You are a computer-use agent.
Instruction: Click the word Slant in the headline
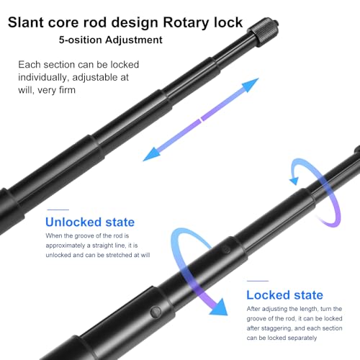click(x=26, y=22)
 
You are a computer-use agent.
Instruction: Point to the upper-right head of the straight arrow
click(x=250, y=85)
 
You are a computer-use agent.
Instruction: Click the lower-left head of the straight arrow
click(x=152, y=154)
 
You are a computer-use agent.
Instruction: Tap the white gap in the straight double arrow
click(x=201, y=120)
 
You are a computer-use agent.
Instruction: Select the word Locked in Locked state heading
click(x=269, y=295)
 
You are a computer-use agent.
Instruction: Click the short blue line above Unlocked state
click(x=58, y=210)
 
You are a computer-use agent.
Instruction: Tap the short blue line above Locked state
click(x=258, y=281)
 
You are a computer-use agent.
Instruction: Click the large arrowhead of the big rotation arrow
click(x=219, y=307)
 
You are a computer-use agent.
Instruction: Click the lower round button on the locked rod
click(x=156, y=312)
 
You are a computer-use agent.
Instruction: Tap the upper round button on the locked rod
click(x=226, y=249)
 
